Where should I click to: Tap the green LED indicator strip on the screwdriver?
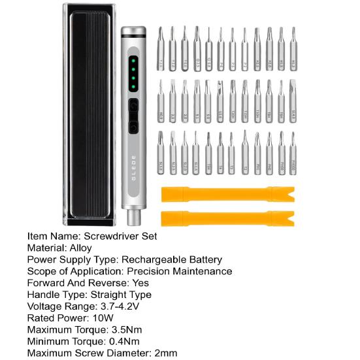point(133,74)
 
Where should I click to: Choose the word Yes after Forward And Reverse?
point(140,283)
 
